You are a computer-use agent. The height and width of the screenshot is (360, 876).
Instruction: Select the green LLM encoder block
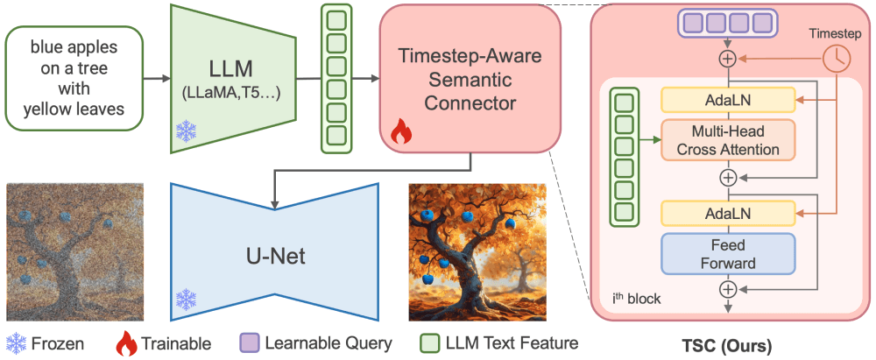[x=231, y=79]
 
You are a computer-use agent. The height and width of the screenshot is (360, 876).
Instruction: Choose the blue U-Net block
[x=275, y=255]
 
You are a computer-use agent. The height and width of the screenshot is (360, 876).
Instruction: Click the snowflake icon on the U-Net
[x=187, y=299]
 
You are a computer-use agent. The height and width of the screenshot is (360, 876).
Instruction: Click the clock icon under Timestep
[x=835, y=59]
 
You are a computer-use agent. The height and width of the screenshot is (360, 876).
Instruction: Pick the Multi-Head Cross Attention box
[x=727, y=140]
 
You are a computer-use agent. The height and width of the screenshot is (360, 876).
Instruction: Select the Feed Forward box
[x=727, y=253]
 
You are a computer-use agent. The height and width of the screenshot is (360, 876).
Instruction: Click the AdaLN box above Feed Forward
[x=727, y=213]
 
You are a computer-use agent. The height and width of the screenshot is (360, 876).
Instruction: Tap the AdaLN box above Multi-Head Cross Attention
[x=727, y=100]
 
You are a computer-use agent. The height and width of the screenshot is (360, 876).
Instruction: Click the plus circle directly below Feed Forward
[x=727, y=289]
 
